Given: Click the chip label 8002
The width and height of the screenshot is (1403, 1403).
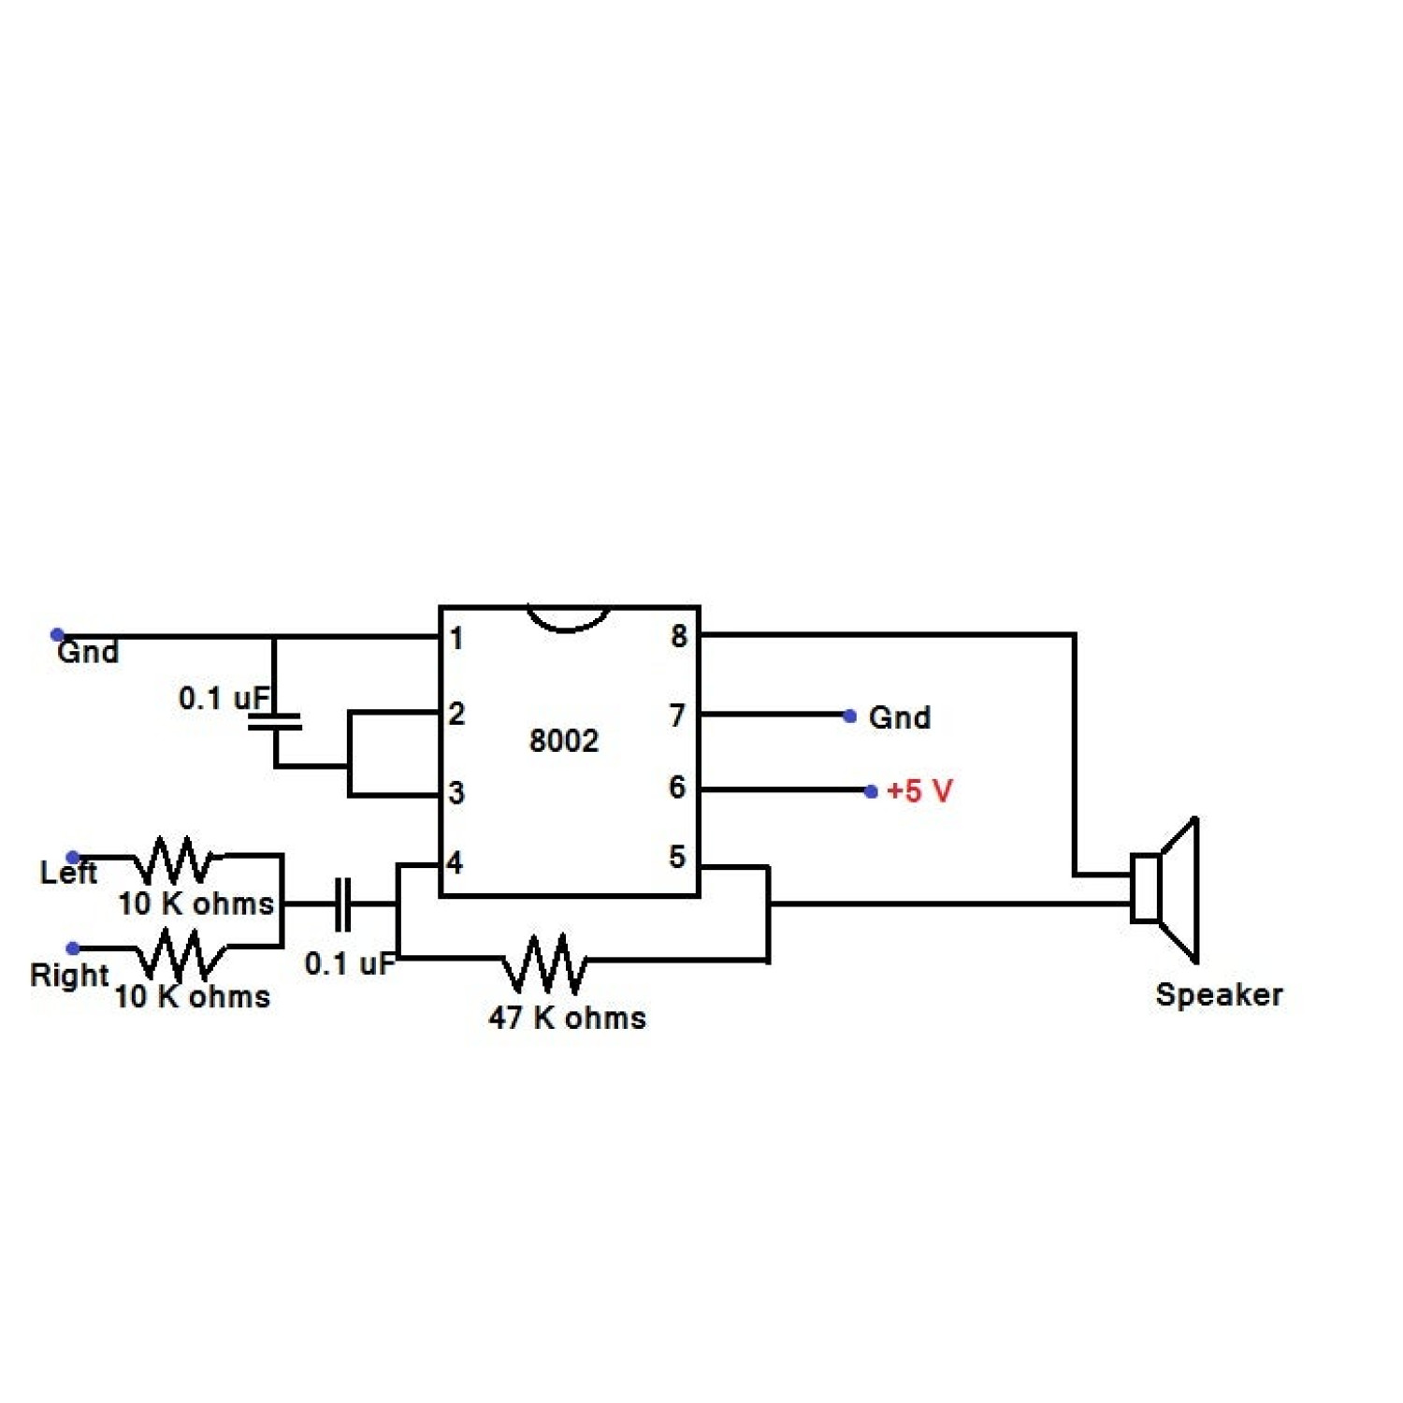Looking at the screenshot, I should [x=563, y=741].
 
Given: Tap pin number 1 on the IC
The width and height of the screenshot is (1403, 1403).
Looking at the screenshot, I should [x=456, y=639].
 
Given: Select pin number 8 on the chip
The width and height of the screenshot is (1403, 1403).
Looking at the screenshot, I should [x=679, y=636].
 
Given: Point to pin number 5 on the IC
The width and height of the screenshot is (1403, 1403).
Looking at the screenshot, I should [x=677, y=857].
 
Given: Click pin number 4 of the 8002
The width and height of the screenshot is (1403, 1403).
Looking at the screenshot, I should [x=455, y=861].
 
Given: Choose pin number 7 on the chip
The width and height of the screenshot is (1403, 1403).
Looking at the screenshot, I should [x=677, y=716].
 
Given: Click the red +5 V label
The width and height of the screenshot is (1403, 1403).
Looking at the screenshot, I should [x=919, y=791].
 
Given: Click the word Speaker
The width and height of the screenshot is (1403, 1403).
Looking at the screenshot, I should [x=1219, y=994].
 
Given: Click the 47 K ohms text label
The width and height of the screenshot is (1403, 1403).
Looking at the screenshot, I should [x=567, y=1018].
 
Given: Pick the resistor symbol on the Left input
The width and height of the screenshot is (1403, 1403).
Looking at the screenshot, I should [x=175, y=860].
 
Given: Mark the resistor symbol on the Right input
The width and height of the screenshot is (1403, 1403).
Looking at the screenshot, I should [x=180, y=954].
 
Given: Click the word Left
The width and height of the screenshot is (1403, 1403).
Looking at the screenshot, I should [x=68, y=873].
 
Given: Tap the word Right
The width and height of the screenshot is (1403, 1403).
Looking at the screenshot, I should [x=69, y=975].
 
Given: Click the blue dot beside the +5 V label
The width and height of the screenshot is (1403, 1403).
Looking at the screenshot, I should [x=871, y=792].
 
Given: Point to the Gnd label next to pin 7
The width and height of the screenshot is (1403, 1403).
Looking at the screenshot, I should [x=900, y=717].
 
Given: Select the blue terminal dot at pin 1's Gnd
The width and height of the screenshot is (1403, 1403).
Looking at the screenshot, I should [x=57, y=635].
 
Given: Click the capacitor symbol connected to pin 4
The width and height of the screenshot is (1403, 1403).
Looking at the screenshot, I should [x=343, y=904].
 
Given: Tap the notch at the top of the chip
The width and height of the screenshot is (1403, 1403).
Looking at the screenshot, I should [x=568, y=617].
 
